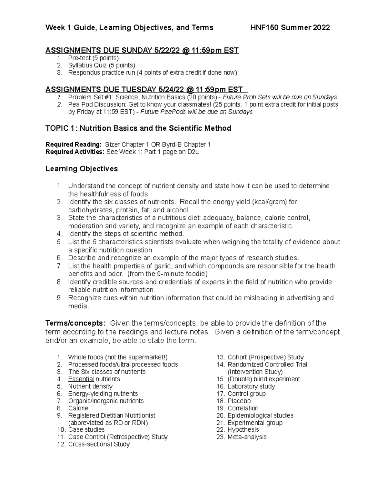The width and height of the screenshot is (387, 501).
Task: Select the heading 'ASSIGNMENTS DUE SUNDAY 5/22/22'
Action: (142, 50)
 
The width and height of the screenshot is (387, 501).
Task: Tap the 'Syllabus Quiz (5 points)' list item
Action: (102, 65)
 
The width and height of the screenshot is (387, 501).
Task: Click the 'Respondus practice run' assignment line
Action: (152, 73)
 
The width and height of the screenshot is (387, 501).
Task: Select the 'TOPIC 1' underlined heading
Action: (138, 128)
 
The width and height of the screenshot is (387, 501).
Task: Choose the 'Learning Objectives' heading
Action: (82, 169)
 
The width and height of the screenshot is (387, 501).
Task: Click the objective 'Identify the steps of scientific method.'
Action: (126, 234)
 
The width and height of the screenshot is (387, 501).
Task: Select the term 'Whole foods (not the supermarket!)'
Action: (118, 357)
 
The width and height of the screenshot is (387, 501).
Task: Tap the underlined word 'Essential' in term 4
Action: (81, 379)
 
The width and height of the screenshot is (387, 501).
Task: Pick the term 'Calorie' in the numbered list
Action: (78, 408)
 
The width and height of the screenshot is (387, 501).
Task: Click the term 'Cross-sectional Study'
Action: (99, 444)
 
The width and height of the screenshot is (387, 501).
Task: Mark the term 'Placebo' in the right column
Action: (239, 401)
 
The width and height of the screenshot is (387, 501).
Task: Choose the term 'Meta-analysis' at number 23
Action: (247, 437)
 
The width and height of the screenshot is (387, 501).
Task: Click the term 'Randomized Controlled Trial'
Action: (267, 365)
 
